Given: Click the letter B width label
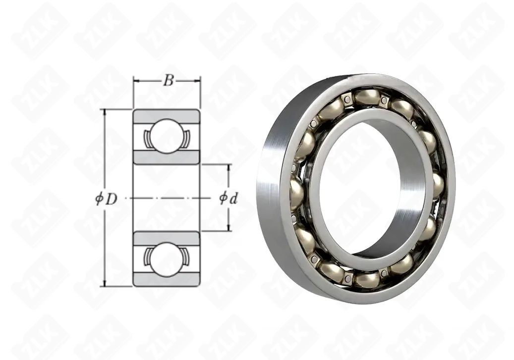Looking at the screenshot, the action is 168,80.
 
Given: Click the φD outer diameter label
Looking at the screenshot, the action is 106,199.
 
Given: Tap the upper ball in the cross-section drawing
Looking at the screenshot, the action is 167,135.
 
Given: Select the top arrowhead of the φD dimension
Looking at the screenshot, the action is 105,112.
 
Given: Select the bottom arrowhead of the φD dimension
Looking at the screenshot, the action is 105,283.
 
